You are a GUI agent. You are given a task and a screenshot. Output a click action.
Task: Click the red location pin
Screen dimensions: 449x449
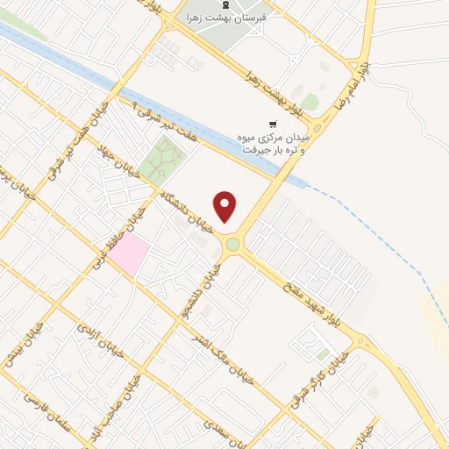(x=225, y=206)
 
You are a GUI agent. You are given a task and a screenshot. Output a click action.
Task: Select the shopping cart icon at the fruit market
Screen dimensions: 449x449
(x=274, y=124)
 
